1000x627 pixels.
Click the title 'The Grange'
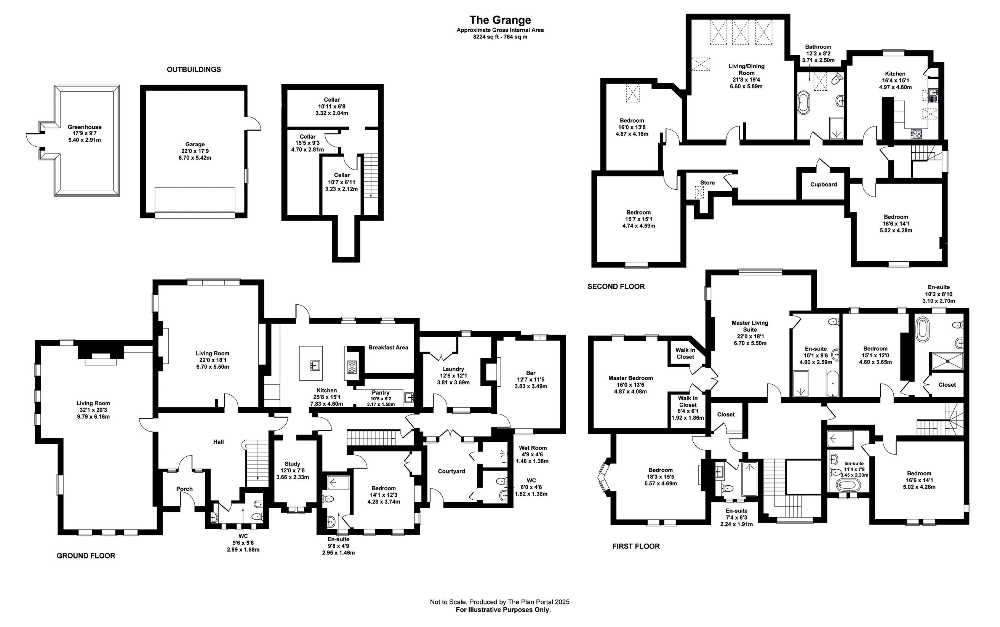(x=499, y=20)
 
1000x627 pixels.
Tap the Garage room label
(x=195, y=145)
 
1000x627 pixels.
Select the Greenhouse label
(x=85, y=127)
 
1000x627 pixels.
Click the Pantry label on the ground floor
(x=380, y=393)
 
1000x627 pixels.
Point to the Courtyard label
(x=451, y=472)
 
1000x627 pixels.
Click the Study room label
(x=292, y=464)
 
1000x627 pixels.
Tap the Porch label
(x=184, y=489)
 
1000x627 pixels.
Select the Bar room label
(x=530, y=373)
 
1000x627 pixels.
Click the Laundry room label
(x=453, y=369)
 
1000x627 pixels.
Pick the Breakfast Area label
(x=388, y=347)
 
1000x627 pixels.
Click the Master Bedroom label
(x=630, y=378)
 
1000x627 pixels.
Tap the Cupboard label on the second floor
(x=823, y=184)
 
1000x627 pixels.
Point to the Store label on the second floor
(x=707, y=182)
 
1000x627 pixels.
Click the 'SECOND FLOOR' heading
(x=616, y=286)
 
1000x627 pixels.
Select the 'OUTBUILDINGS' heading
(x=194, y=70)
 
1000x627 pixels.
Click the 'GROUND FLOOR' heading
(x=86, y=556)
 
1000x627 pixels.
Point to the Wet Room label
(x=532, y=448)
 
